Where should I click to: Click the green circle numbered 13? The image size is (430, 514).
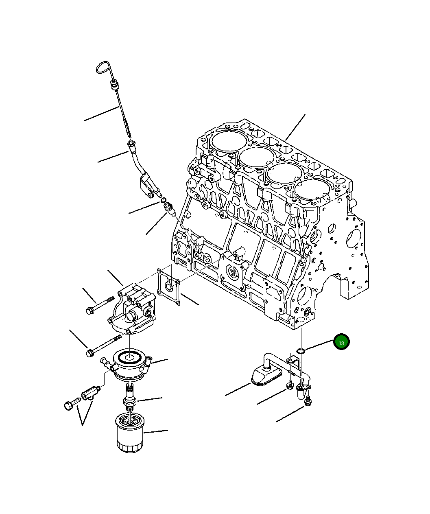[x=341, y=343]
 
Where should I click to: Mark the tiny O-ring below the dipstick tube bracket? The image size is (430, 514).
[x=163, y=200]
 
